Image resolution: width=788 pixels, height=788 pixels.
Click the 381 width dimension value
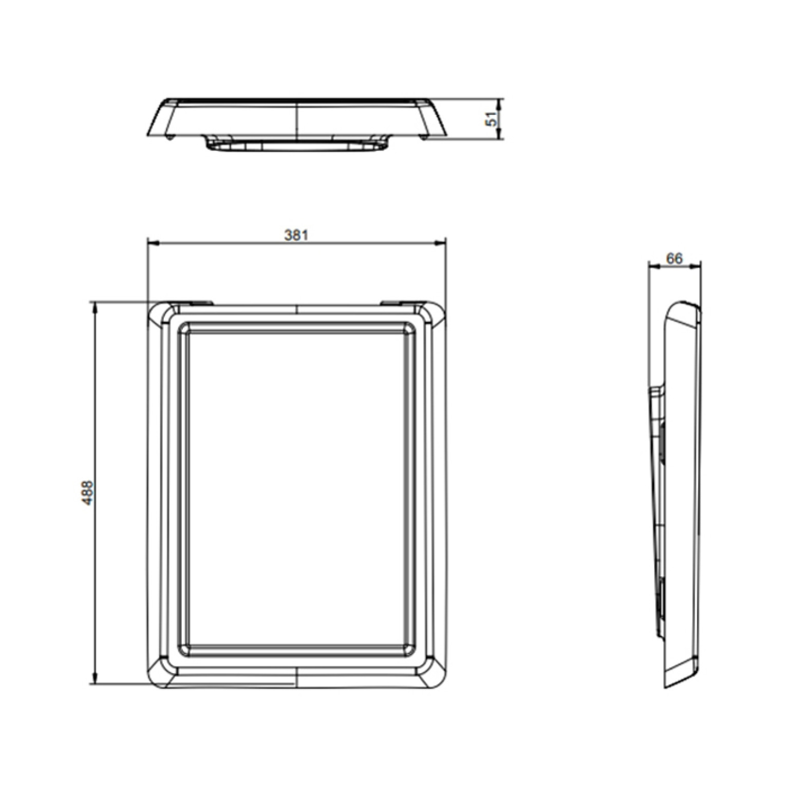tap(296, 235)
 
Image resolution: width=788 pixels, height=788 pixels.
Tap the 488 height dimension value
tap(88, 493)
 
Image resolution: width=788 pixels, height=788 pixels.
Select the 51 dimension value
tap(492, 119)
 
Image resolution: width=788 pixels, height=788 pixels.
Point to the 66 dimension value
tap(674, 259)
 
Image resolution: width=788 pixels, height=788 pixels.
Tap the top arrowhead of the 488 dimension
tap(94, 307)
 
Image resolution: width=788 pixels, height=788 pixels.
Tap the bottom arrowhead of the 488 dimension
tap(94, 679)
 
